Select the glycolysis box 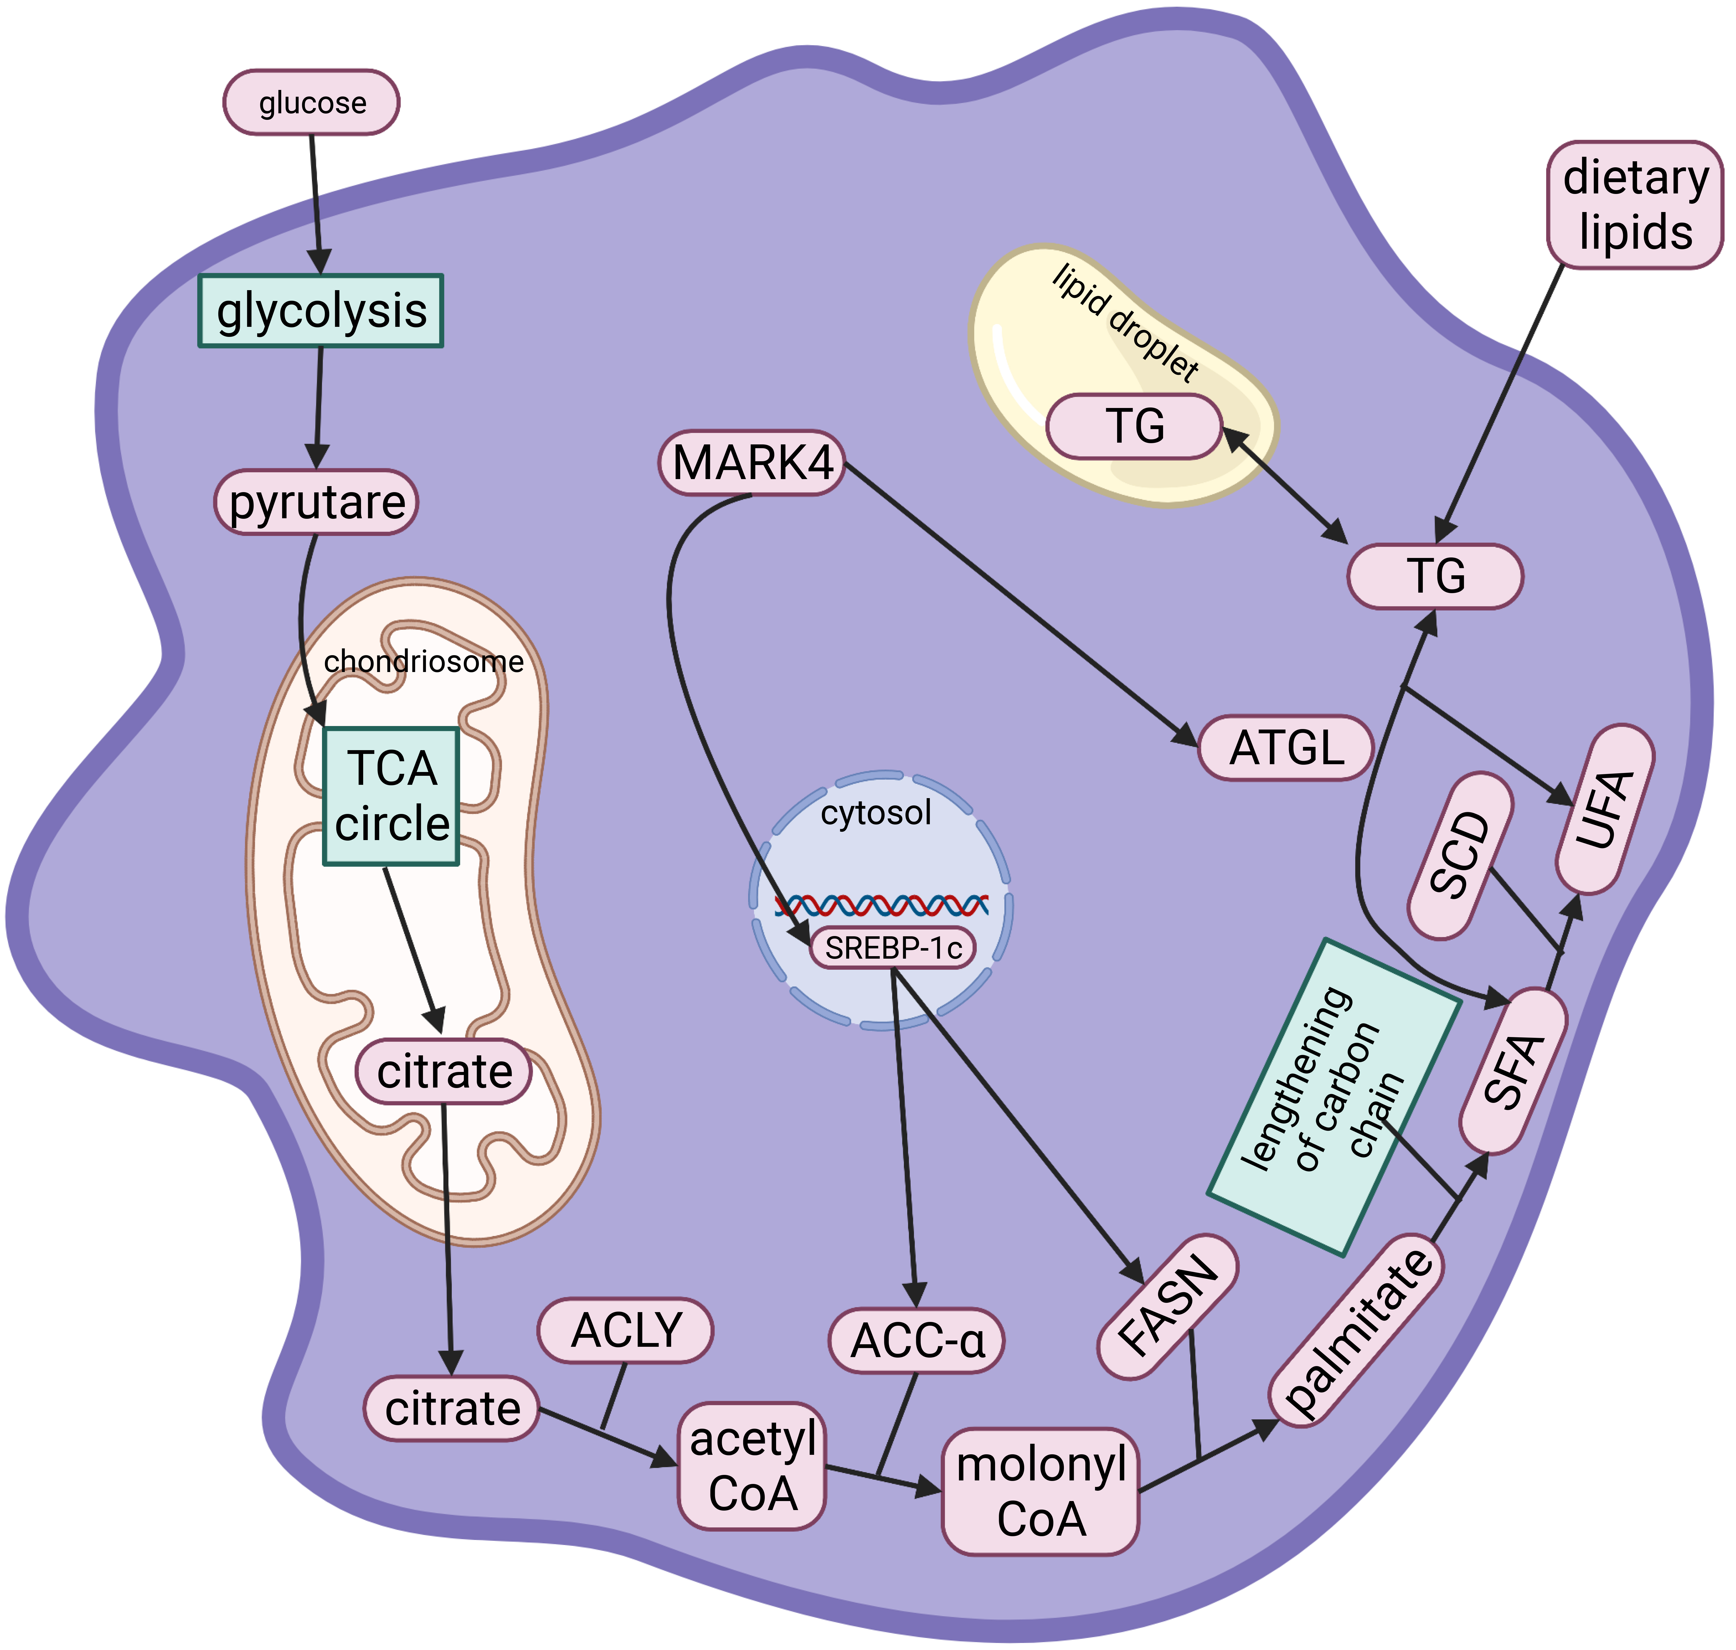click(321, 311)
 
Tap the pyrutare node click(317, 502)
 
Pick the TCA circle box click(391, 796)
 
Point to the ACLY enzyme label click(625, 1330)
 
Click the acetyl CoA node click(752, 1465)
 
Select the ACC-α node click(916, 1340)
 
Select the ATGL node click(1286, 748)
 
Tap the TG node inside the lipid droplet click(1134, 427)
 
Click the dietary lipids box click(1635, 205)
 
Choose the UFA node click(1605, 809)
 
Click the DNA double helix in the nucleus click(881, 905)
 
